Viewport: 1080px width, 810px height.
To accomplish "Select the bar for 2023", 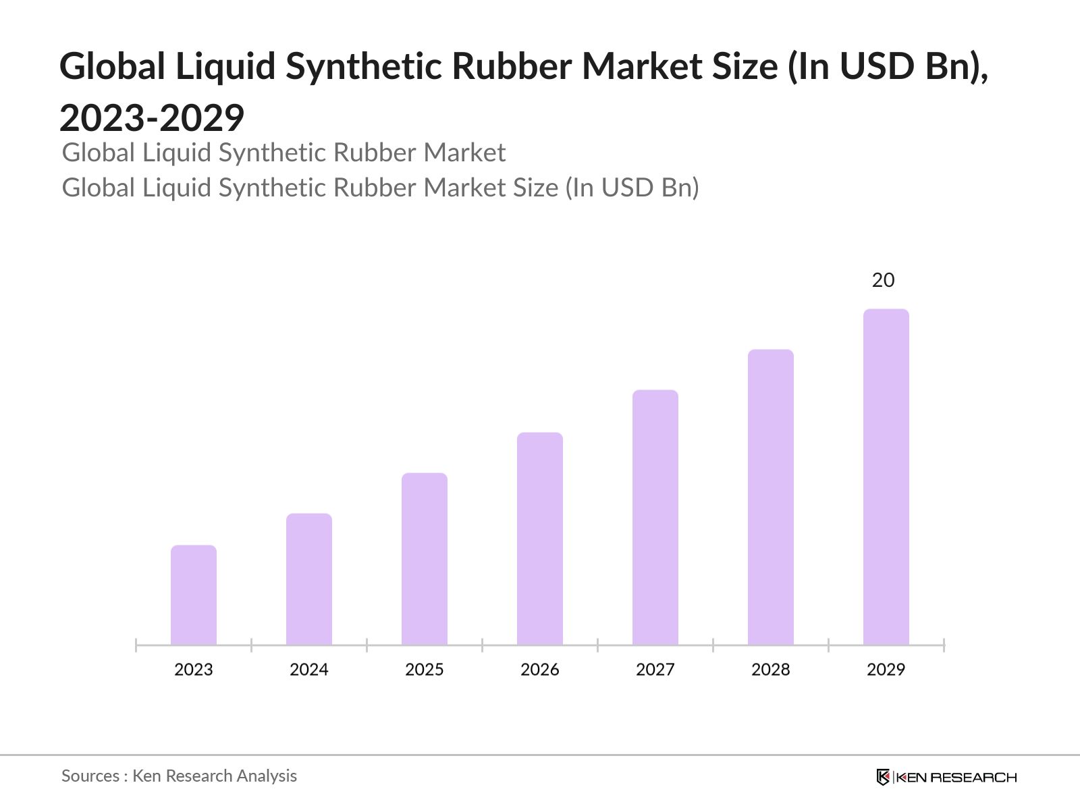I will point(194,595).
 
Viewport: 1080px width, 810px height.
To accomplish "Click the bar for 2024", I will point(309,579).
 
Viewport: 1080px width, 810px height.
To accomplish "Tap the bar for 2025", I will point(425,559).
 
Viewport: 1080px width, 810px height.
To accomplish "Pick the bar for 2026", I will point(540,539).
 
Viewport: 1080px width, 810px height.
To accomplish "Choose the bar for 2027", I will point(655,518).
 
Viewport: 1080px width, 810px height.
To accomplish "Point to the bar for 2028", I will point(771,497).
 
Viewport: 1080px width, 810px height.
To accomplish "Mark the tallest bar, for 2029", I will point(886,477).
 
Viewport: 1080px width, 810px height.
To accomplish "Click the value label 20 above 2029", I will point(883,280).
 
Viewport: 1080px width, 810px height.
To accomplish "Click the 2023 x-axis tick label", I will point(194,670).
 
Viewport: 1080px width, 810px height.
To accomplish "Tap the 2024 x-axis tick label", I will point(309,670).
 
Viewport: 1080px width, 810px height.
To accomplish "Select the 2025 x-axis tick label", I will point(425,670).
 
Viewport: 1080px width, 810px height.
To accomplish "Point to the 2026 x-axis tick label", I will point(540,670).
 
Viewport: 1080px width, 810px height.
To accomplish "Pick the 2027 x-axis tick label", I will point(655,670).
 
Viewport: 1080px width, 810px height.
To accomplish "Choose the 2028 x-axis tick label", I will point(771,670).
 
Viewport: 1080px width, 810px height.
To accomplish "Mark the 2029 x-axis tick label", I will point(886,670).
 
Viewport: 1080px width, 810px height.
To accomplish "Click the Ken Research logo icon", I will point(883,777).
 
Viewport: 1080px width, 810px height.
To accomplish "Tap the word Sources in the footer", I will point(90,776).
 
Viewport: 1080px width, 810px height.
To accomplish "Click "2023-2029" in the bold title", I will point(152,118).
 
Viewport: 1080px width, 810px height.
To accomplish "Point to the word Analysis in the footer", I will point(267,776).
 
